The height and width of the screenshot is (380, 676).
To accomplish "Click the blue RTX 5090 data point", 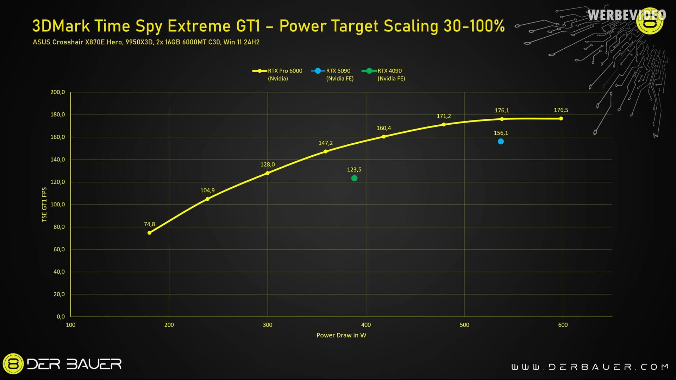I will [x=501, y=142].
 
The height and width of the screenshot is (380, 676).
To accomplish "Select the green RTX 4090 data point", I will [x=354, y=178].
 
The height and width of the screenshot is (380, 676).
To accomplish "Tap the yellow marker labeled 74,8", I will [x=149, y=233].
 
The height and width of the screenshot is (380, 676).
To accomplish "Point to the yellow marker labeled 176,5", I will [x=561, y=119].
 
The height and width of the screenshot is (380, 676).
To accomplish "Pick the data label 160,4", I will [x=383, y=128].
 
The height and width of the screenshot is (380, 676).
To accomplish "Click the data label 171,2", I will [x=444, y=116].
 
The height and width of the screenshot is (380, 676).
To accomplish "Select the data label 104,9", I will [x=207, y=191].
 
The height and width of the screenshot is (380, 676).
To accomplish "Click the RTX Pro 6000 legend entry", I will [x=278, y=74].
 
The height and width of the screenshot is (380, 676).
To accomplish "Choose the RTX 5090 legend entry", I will [x=333, y=74].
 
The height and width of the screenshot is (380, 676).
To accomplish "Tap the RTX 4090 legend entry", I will [x=384, y=74].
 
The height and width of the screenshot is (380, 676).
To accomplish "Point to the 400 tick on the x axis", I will [x=366, y=325].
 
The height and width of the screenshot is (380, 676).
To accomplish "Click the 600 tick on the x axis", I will [x=563, y=325].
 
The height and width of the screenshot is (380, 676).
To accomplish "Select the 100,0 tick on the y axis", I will [x=58, y=205].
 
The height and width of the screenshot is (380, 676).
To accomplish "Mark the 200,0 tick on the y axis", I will [x=58, y=92].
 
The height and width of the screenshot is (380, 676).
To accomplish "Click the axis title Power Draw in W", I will [x=341, y=335].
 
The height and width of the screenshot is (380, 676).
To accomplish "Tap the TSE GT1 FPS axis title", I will [x=44, y=205].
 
